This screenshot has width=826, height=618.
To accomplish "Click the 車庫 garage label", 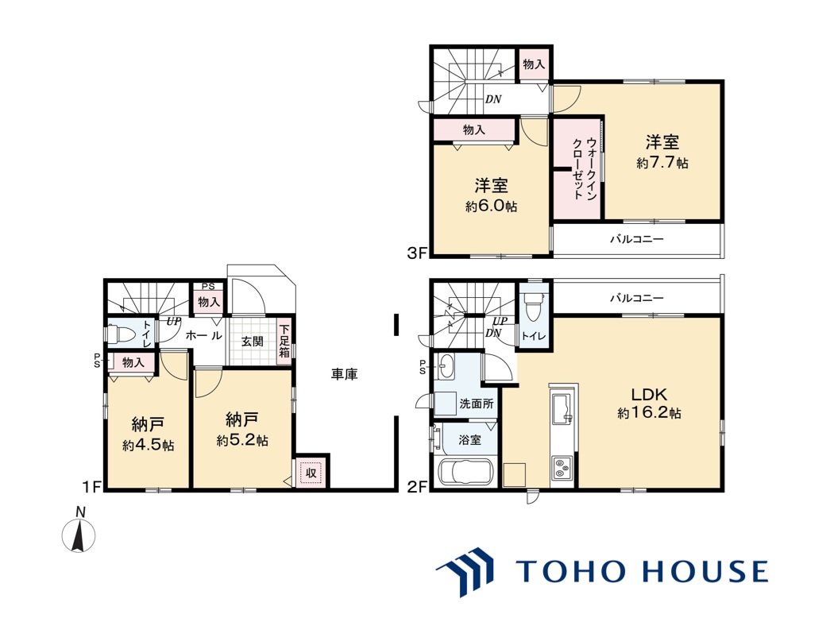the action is [345, 374].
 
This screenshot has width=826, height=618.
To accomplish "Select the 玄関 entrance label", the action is [253, 342].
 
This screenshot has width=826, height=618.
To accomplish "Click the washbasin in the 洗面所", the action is [446, 366].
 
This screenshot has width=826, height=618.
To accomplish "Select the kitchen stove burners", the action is [562, 466].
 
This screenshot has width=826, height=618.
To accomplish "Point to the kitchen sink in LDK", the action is [562, 406].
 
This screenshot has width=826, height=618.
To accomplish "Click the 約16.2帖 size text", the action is [649, 413].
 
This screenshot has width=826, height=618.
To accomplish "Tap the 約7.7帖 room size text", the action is [662, 163].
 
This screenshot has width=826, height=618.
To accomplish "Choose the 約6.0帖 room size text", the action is [491, 207].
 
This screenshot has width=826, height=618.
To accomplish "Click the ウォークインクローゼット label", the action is [585, 168].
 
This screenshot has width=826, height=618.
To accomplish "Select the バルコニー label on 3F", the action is [637, 239].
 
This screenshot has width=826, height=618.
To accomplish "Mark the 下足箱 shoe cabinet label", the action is [284, 342].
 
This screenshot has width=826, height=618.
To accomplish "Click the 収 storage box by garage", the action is [311, 473].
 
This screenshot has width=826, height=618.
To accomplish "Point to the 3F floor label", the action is [417, 253].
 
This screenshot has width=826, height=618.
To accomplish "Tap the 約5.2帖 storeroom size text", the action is [242, 440].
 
